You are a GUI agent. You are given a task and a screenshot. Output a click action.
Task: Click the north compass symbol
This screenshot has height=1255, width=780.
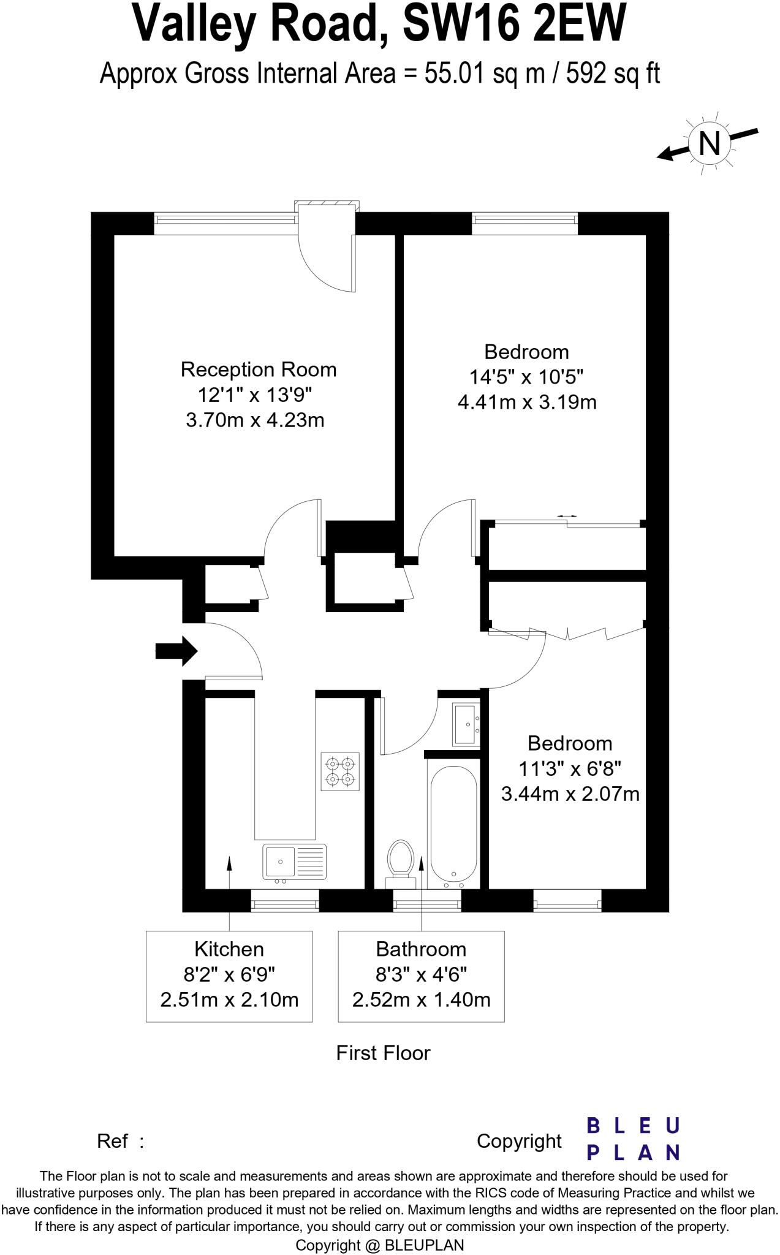point(709,143)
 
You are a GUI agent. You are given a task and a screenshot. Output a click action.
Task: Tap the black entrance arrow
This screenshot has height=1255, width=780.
point(176,651)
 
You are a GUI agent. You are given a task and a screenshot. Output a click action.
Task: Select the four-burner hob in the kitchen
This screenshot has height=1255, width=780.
point(340,772)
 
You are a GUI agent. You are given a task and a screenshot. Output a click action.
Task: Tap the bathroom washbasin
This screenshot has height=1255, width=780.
point(466,724)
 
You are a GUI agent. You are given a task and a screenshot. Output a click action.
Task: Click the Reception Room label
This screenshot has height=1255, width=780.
point(259,370)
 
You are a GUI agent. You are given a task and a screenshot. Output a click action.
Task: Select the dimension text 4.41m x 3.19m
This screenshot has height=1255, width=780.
point(527,402)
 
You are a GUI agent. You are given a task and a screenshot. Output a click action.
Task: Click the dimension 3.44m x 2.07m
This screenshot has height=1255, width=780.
point(570,794)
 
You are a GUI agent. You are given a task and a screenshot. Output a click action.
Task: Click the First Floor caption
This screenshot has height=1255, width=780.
point(383,1053)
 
